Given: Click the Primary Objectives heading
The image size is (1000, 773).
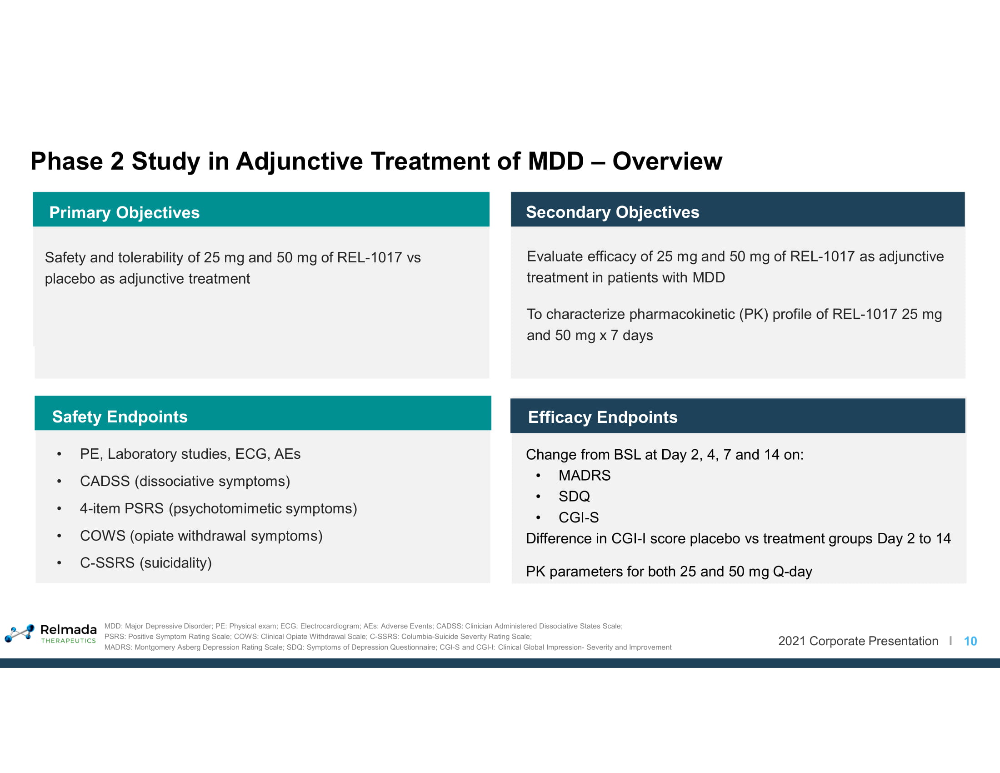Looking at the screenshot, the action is point(124,213).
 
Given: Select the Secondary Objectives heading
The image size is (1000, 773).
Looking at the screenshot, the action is point(613,212).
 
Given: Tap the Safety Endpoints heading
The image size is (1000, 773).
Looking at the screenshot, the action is point(120,417).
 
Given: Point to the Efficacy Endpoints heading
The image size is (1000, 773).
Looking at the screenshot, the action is point(603,417).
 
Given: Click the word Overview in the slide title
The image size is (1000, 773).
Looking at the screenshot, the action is point(667,161).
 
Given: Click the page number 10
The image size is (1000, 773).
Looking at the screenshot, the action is point(970,641).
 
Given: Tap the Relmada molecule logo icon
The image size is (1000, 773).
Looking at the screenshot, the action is point(20,633).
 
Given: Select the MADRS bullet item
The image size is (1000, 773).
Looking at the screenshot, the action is point(584,475).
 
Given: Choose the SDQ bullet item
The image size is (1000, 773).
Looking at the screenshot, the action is point(574,497).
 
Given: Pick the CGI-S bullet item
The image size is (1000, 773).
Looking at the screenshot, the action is point(579,517).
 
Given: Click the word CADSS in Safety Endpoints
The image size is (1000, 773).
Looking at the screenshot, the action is point(105,481).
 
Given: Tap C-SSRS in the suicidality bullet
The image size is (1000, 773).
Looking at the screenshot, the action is point(107,563).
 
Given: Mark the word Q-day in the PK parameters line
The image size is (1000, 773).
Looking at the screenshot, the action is point(793,572).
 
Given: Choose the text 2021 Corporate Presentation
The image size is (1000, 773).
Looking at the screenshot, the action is point(858,641).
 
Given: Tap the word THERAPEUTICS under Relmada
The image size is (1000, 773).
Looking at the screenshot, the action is point(69,641).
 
